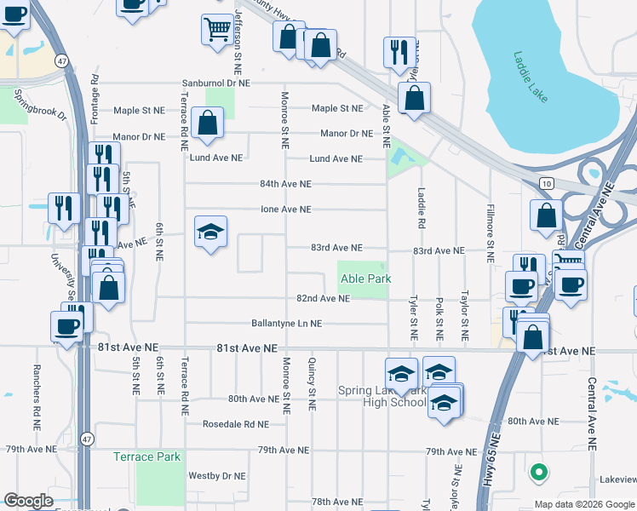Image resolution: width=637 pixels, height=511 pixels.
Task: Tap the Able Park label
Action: point(365,278)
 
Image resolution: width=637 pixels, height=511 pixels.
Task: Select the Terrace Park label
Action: point(147,456)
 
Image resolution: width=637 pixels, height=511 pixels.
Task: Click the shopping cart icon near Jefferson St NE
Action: point(215,31)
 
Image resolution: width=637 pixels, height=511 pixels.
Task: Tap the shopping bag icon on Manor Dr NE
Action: point(207,123)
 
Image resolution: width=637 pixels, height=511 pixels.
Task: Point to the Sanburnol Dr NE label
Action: point(216,83)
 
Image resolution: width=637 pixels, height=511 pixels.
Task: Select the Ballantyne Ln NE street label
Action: point(286,324)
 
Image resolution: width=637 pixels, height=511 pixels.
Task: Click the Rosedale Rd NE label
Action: point(235,423)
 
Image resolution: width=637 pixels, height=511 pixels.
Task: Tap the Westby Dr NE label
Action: point(216,476)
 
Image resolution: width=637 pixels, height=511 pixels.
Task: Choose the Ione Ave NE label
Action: point(285,209)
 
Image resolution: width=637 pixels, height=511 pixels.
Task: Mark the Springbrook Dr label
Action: point(39,106)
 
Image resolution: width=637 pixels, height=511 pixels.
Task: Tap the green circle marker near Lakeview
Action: point(537,470)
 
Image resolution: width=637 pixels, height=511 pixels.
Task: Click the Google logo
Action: point(28,501)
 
